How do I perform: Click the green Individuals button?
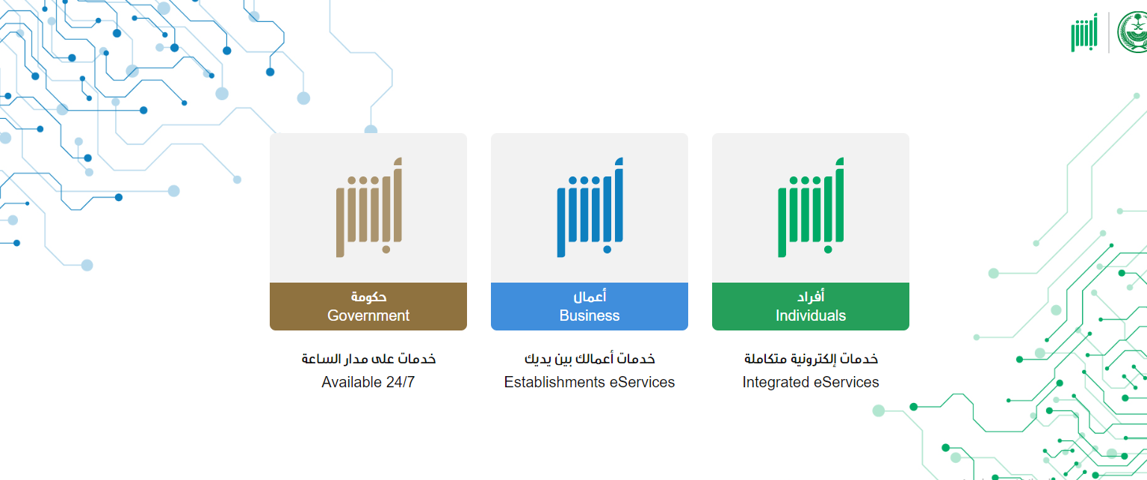[x=811, y=307]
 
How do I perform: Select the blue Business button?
[x=590, y=307]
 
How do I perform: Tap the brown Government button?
[x=368, y=307]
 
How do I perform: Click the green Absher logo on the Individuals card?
[x=811, y=207]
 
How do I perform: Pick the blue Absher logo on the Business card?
[x=590, y=207]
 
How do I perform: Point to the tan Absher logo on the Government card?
[x=368, y=207]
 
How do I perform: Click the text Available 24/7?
[x=368, y=382]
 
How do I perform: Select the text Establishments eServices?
[x=590, y=382]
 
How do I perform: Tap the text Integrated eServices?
[x=811, y=382]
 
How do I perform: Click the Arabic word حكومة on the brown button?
[x=368, y=297]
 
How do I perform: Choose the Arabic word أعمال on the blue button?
[x=590, y=296]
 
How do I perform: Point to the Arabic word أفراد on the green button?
[x=811, y=296]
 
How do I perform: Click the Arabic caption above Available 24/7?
[x=368, y=359]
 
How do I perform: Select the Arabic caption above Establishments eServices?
[x=590, y=359]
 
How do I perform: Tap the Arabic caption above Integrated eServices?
[x=811, y=359]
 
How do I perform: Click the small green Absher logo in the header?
[x=1084, y=33]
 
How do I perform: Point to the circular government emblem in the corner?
[x=1133, y=32]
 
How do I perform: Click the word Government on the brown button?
[x=368, y=316]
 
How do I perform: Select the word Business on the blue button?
[x=590, y=316]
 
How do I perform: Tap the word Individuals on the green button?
[x=811, y=316]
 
